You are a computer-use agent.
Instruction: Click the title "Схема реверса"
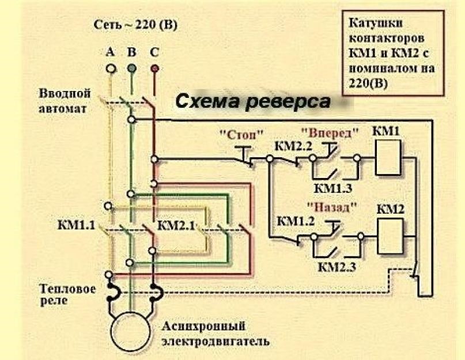click(x=252, y=102)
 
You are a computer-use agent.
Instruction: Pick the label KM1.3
click(x=333, y=188)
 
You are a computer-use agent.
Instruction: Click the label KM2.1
click(x=176, y=223)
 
